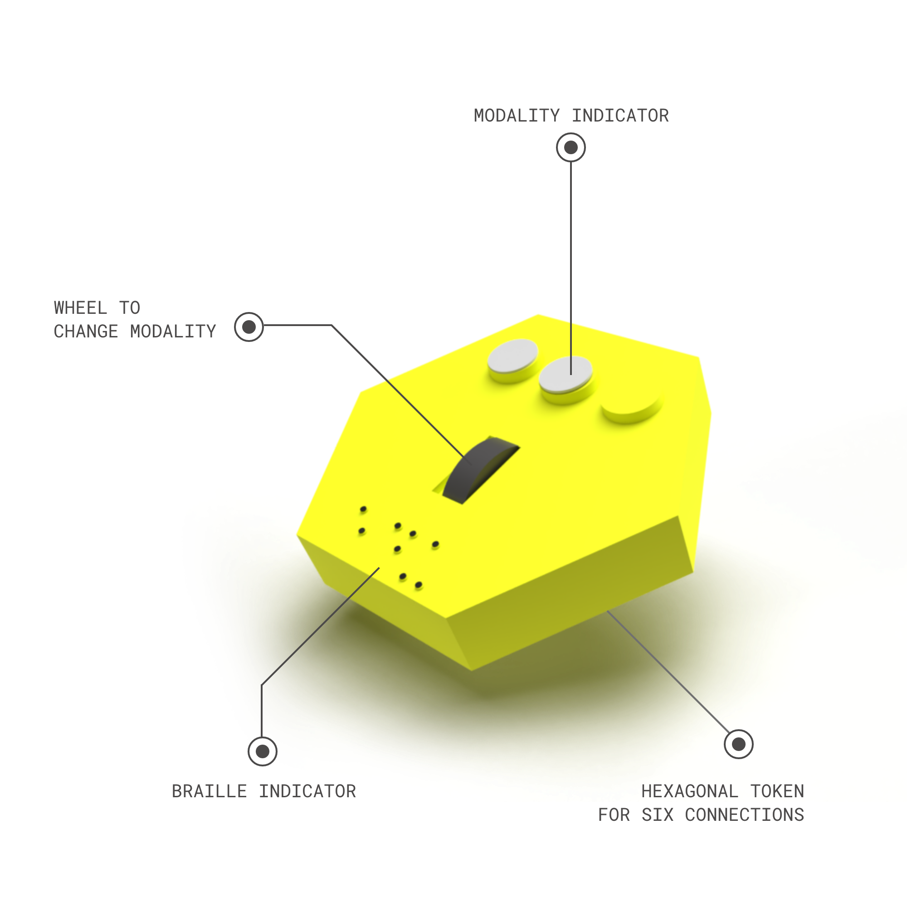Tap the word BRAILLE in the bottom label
210,792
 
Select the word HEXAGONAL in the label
690,792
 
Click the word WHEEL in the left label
80,308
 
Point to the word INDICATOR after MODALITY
620,116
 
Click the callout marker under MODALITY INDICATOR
571,148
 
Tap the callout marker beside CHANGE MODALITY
249,327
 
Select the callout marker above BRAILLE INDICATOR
263,751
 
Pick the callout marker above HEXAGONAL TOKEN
738,744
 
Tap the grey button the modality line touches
566,379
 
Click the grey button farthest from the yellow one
512,360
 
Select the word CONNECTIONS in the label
745,815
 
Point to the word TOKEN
777,792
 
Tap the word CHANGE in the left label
86,332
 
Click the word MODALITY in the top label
517,116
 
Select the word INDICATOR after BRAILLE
307,792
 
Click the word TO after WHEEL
130,308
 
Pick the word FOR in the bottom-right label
614,815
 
